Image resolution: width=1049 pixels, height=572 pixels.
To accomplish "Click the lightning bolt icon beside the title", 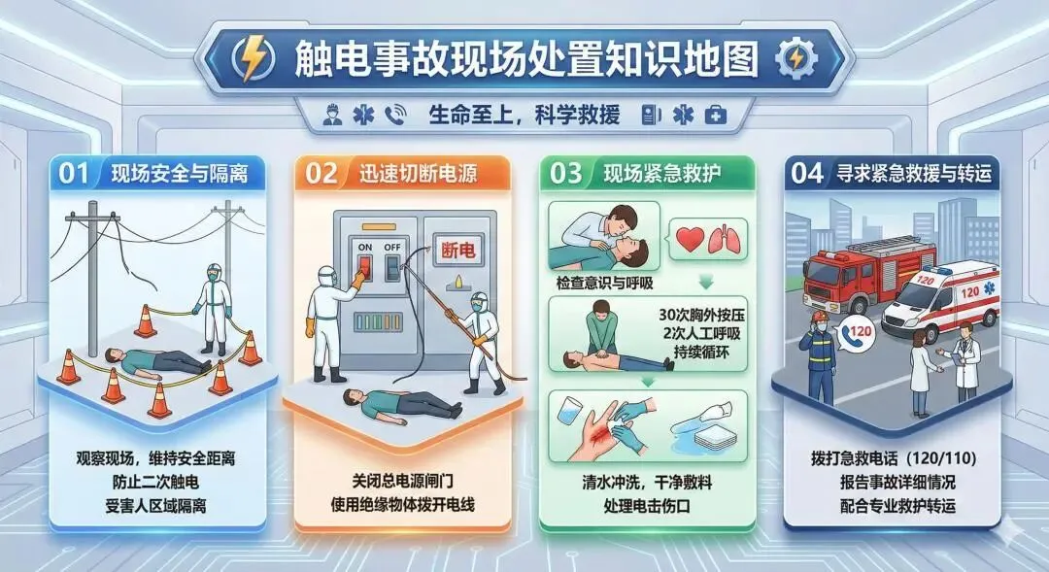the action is (253, 57).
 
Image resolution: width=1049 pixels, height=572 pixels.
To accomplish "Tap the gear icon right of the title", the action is (796, 59).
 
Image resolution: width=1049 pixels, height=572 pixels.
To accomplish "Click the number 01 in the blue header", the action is (74, 174).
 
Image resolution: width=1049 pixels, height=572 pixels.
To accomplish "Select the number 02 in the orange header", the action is (321, 174).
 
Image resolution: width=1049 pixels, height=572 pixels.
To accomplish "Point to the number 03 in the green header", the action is (566, 174).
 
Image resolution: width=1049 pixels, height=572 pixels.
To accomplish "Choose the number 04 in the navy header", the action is (807, 174).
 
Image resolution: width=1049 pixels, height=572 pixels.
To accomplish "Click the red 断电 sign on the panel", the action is (458, 251).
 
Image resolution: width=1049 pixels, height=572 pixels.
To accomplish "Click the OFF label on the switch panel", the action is (392, 247).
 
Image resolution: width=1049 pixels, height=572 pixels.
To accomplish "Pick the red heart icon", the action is (690, 239).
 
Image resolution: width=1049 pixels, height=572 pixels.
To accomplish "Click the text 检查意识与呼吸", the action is (605, 283).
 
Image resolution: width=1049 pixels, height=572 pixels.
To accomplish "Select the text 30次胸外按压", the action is (702, 315).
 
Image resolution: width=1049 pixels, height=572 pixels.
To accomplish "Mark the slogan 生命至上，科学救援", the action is (524, 115).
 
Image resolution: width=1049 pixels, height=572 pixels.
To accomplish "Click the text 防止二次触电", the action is (155, 482).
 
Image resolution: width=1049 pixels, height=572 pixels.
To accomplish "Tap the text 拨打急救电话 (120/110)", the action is (894, 459).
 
